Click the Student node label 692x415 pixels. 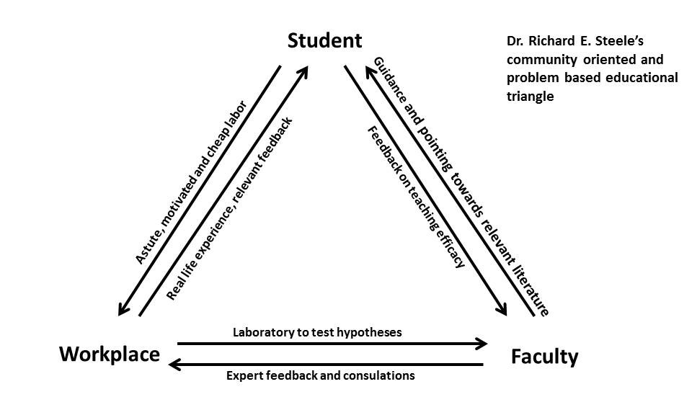coord(324,40)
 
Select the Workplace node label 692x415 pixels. coord(109,354)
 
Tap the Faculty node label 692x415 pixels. coord(544,357)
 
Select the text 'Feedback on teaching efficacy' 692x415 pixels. coord(415,197)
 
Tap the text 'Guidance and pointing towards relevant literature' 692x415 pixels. coord(461,185)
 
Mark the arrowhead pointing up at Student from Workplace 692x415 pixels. coord(303,71)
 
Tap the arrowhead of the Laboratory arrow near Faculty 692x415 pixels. coord(482,344)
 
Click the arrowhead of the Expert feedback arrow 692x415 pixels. coord(175,365)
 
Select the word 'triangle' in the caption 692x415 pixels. coord(530,97)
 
